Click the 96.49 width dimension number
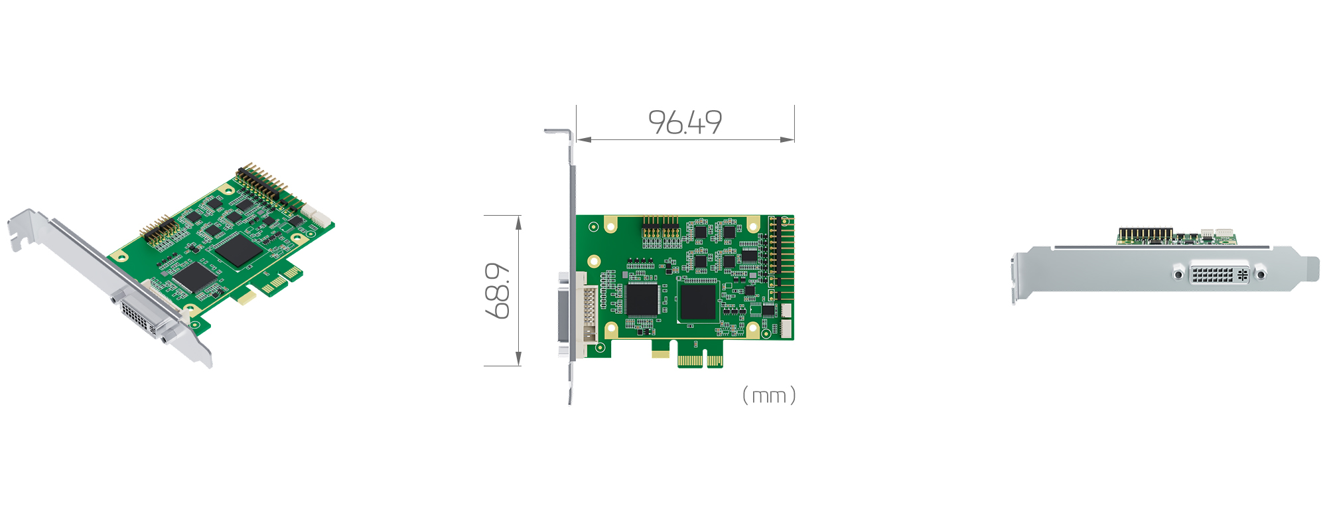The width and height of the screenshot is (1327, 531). [x=685, y=122]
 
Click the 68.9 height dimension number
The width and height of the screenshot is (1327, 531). [x=498, y=291]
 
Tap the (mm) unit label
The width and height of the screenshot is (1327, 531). [x=768, y=396]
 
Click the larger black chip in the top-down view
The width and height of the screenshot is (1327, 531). [x=698, y=301]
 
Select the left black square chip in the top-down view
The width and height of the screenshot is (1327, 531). [x=642, y=299]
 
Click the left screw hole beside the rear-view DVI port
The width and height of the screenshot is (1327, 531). [x=1178, y=273]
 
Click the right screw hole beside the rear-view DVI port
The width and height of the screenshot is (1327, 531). [x=1261, y=273]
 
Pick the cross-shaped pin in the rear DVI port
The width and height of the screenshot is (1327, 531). [x=1242, y=273]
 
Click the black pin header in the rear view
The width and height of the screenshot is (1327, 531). [x=1145, y=234]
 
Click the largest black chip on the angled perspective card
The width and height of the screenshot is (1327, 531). [x=237, y=250]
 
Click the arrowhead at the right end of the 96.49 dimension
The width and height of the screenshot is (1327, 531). [x=788, y=139]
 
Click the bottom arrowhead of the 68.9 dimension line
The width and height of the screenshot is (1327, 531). [x=519, y=359]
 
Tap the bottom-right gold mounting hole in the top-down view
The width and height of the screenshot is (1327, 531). [x=752, y=328]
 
